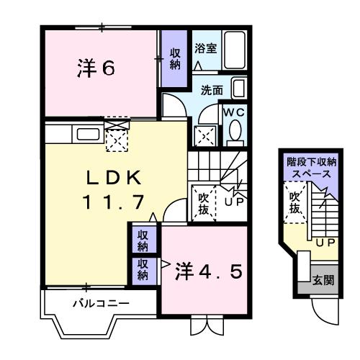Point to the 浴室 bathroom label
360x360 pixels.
pos(206,49)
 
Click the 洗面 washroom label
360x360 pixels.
pos(212,91)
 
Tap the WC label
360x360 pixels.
pos(234,114)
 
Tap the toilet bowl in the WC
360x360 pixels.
pos(234,132)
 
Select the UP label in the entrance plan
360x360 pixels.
pos(323,243)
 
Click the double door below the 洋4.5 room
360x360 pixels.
pos(207,325)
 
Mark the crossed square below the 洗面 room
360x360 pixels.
pos(204,134)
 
